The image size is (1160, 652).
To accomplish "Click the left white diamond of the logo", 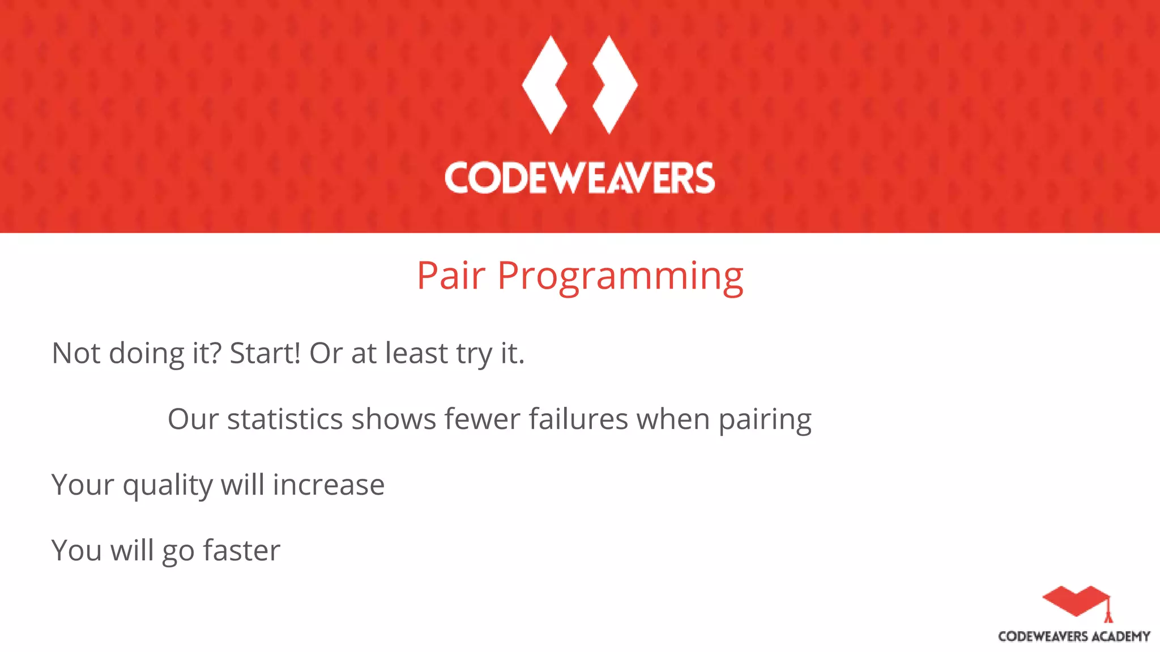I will (x=544, y=85).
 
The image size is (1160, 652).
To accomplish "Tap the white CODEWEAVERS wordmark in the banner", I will (x=579, y=178).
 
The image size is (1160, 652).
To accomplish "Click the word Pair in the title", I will (x=451, y=276).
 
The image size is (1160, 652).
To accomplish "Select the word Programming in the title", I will (x=620, y=277).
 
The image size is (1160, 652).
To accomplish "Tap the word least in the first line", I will (x=416, y=353).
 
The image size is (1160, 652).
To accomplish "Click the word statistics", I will (x=285, y=419).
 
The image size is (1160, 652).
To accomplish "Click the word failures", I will (x=578, y=419).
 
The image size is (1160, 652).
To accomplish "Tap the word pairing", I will (x=765, y=421).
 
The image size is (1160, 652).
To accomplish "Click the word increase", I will (x=329, y=485).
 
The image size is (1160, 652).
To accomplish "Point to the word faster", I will (x=241, y=551).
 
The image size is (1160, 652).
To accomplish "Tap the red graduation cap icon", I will (x=1076, y=602).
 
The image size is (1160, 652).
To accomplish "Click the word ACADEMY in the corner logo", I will (x=1120, y=637).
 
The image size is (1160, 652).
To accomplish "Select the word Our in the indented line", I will (x=193, y=419).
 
